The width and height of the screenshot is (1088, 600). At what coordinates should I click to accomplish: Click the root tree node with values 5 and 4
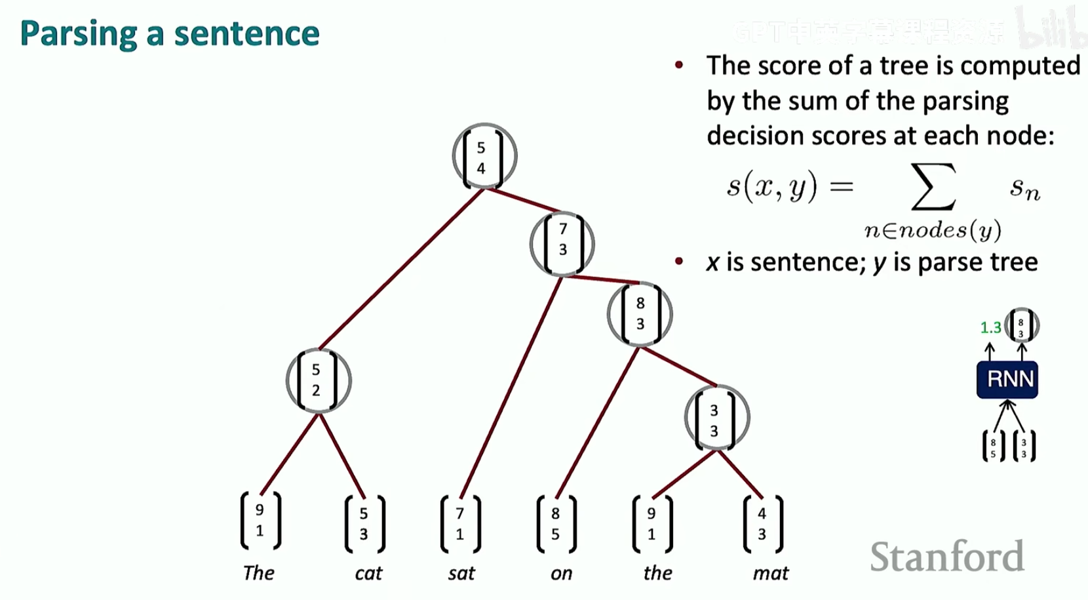484,157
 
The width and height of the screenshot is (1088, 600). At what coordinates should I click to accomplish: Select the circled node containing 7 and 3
562,244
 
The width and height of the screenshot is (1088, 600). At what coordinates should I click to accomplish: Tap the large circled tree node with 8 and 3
639,314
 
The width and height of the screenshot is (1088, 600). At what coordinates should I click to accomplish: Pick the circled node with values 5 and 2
319,381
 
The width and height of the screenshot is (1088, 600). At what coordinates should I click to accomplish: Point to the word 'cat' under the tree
368,573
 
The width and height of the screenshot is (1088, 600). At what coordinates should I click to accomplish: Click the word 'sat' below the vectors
461,573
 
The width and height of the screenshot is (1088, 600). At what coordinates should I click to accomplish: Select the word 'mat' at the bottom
770,573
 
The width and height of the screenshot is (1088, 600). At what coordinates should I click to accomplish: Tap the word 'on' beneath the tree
561,573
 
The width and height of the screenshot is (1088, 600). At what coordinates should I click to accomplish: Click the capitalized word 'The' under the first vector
259,572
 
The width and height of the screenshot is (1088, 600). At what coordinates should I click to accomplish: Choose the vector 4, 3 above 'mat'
762,524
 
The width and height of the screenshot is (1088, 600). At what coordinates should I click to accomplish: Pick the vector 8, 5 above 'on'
556,524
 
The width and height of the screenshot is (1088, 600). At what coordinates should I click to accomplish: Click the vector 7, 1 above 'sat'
460,524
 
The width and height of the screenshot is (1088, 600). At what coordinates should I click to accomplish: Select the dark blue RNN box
1007,379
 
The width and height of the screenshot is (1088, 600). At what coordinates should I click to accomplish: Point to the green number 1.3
990,327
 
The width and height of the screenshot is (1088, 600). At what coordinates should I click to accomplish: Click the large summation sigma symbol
933,187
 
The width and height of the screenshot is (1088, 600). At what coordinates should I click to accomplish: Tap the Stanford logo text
947,557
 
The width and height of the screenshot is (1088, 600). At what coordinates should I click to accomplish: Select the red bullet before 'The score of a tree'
679,65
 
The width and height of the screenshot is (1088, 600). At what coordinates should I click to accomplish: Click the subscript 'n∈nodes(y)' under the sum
933,230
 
